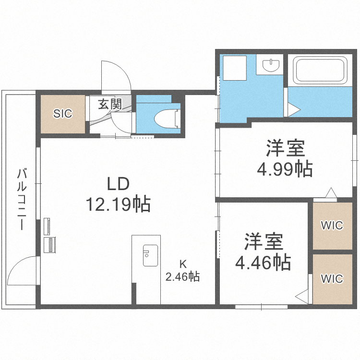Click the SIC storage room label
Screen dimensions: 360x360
click(x=62, y=114)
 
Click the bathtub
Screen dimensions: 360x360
click(x=321, y=70)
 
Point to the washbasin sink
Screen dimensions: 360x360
click(x=271, y=65)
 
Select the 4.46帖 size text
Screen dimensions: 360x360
click(x=262, y=262)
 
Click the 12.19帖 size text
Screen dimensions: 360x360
click(x=118, y=205)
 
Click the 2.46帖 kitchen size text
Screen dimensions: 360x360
click(x=183, y=276)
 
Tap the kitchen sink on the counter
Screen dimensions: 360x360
click(x=150, y=255)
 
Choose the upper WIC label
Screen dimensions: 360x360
click(x=332, y=225)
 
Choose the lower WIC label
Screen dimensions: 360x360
click(x=332, y=278)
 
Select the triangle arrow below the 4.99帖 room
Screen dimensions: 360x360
click(x=331, y=193)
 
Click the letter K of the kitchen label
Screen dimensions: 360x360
click(x=182, y=264)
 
